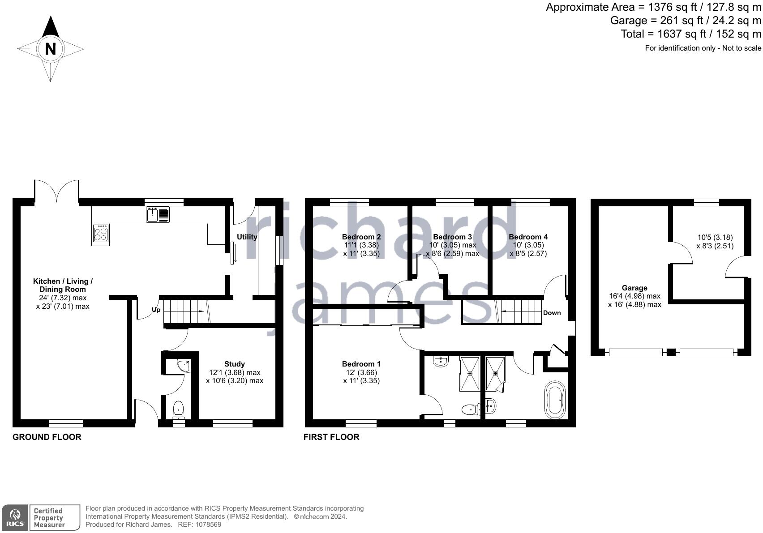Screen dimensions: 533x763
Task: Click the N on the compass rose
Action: point(50,49)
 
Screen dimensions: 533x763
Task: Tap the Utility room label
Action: point(247,237)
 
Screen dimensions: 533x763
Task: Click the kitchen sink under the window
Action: point(152,215)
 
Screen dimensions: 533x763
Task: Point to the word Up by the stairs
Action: point(156,310)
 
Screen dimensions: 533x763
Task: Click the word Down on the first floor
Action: point(552,313)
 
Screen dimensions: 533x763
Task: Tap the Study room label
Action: point(235,364)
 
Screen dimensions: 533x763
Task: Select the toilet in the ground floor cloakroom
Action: point(178,409)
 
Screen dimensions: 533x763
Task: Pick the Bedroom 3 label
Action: point(452,237)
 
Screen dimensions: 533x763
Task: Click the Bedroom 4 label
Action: point(528,237)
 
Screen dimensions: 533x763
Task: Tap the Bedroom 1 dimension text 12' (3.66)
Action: point(361,372)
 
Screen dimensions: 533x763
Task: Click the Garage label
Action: point(634,288)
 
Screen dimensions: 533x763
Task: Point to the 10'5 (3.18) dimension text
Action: point(715,237)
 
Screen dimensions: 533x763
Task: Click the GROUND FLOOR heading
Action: point(47,437)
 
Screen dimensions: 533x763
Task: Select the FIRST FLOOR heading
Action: point(331,437)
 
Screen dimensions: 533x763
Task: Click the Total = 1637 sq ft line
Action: point(690,34)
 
